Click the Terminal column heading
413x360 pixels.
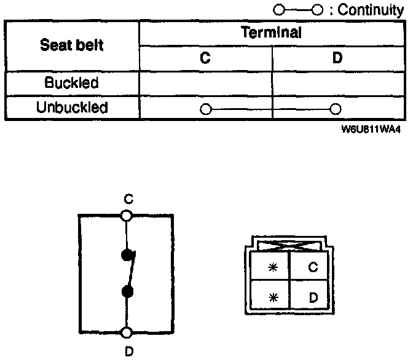tap(272, 33)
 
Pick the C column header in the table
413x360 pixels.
tap(205, 58)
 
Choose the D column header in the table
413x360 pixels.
tap(337, 58)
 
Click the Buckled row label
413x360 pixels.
tap(72, 82)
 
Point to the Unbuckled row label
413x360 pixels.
tap(72, 108)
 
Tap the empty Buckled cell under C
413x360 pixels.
tap(205, 82)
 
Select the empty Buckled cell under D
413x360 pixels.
tap(337, 82)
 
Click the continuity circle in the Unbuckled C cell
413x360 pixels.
tap(205, 109)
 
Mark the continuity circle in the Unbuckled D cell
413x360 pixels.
tap(335, 109)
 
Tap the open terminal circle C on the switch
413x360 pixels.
tap(127, 216)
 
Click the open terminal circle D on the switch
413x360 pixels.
tap(127, 332)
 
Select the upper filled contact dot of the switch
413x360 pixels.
tap(127, 255)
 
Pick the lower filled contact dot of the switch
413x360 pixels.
tap(127, 291)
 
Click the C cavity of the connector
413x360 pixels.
tap(312, 267)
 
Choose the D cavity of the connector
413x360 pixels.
tap(312, 297)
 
